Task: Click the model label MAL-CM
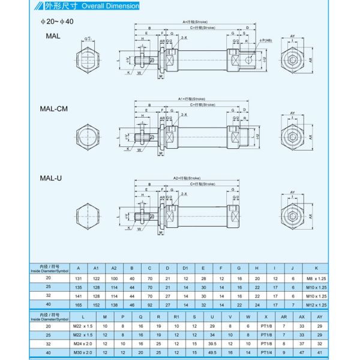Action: pos(53,110)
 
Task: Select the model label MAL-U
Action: pos(50,178)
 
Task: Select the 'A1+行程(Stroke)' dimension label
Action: pos(189,99)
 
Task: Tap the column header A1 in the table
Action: pos(97,268)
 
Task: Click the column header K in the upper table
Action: pos(316,268)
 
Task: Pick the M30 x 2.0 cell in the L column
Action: pos(83,352)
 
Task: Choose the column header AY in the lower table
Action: pos(320,315)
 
